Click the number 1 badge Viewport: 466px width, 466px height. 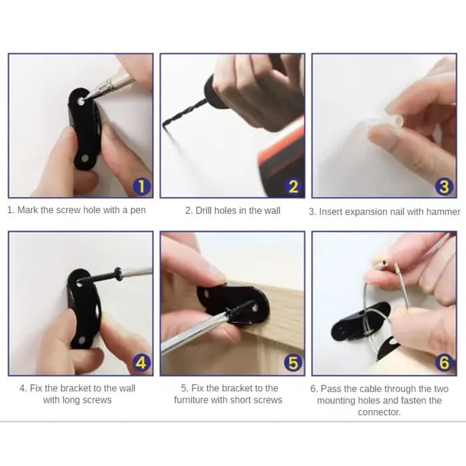click(142, 186)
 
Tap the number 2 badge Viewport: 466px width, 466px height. click(294, 186)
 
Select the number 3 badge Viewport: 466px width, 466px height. click(444, 186)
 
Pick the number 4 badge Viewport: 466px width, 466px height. click(142, 363)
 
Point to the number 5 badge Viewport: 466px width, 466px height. click(294, 363)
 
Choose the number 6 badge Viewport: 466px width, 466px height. click(444, 363)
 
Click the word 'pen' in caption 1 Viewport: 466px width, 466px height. click(138, 211)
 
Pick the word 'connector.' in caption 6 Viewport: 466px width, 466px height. click(379, 412)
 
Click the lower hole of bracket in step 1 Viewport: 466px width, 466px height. click(85, 158)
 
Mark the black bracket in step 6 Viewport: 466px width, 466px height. click(360, 322)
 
